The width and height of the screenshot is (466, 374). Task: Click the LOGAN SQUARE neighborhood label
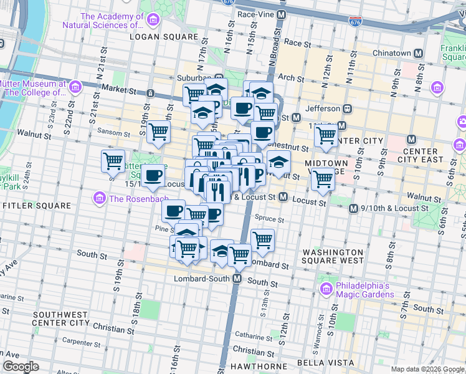click(x=163, y=37)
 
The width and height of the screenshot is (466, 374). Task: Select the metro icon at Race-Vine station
click(x=282, y=14)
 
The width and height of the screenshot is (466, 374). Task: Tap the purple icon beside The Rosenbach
click(x=98, y=199)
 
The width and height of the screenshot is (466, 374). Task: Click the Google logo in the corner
click(x=21, y=367)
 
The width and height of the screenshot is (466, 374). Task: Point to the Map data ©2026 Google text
click(x=427, y=369)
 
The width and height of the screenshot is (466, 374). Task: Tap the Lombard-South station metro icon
click(x=237, y=279)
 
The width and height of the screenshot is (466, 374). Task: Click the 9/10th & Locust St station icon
click(x=354, y=208)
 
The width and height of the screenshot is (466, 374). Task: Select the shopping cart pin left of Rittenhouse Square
click(x=113, y=161)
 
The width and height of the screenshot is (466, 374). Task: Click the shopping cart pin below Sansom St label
click(x=159, y=132)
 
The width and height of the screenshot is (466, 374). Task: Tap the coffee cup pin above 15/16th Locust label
click(x=153, y=175)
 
